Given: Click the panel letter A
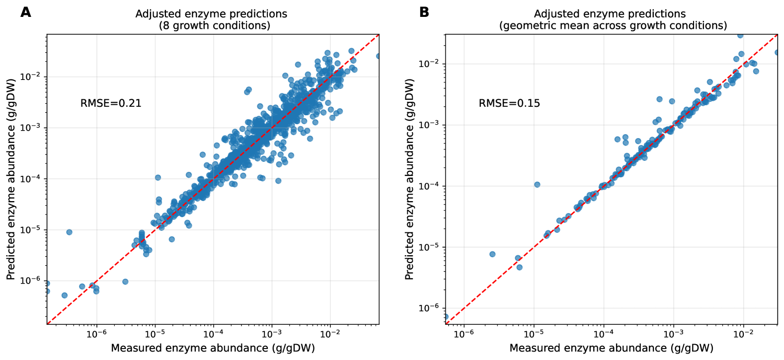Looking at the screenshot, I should (25, 12).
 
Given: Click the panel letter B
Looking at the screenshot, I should (424, 12).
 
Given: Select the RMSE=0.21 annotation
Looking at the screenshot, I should (111, 103).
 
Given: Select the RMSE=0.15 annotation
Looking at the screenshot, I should (509, 103).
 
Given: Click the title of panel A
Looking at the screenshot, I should (211, 19).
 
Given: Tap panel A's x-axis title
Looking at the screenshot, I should (213, 348).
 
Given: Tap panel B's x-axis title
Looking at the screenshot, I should (611, 348).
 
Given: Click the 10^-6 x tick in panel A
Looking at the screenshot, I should (96, 334).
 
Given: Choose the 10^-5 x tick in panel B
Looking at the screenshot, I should (533, 334).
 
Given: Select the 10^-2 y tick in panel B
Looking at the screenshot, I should (429, 64).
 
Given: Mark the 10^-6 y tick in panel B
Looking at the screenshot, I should (429, 308).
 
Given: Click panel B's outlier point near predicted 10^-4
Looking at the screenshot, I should (537, 185).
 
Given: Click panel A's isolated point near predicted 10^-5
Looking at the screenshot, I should (69, 232).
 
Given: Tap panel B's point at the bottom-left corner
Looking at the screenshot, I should (446, 317).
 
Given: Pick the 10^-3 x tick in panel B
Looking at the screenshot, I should (673, 334).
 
